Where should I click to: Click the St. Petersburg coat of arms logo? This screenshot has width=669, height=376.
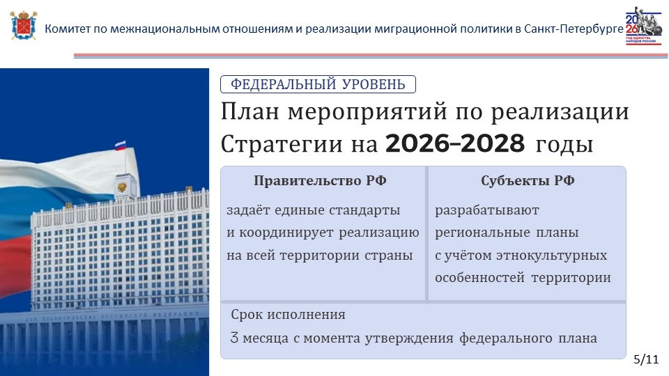[x=24, y=26]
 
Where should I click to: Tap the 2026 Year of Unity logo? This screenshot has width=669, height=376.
[x=643, y=26]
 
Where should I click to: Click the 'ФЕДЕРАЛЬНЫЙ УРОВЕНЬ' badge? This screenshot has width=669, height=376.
[x=318, y=84]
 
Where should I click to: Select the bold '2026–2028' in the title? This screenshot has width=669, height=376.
[x=455, y=143]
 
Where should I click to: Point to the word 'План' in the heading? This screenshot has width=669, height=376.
[x=249, y=111]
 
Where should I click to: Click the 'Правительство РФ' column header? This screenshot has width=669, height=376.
[x=320, y=181]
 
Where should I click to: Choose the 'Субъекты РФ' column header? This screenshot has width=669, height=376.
[x=528, y=181]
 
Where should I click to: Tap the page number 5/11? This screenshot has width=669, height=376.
[x=646, y=359]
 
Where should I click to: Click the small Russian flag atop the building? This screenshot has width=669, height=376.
[x=121, y=146]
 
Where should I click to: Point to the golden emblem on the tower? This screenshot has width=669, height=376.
[x=122, y=187]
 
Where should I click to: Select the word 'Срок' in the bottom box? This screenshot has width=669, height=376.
[x=246, y=315]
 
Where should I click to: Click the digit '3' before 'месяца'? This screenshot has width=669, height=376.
[x=234, y=338]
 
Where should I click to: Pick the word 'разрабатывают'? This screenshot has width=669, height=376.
[x=487, y=210]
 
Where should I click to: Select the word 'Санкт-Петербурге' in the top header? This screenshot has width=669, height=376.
[x=574, y=29]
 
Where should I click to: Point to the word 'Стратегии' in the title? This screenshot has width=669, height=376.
[x=282, y=144]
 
